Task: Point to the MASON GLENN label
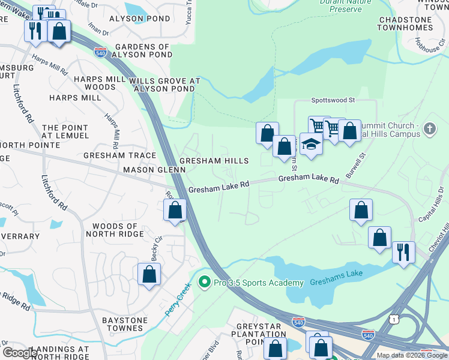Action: (x=147, y=170)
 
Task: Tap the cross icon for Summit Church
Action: (x=429, y=128)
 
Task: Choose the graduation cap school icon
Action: (x=311, y=144)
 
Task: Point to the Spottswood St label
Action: (x=333, y=101)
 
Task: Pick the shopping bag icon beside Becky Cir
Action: (x=149, y=275)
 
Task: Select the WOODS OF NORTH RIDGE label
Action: (x=115, y=231)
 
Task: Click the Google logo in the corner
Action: (x=20, y=353)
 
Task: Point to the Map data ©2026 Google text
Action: (x=412, y=355)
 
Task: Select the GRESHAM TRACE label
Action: (x=120, y=155)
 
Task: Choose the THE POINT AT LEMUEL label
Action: (x=67, y=132)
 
